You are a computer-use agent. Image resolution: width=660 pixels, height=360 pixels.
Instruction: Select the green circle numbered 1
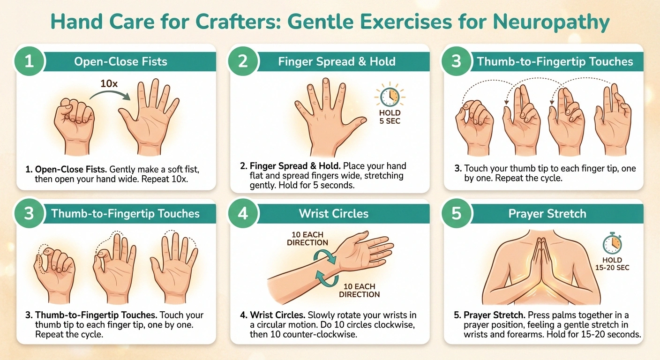click(30, 61)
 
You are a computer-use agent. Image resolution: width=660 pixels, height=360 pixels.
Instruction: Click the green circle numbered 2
click(243, 61)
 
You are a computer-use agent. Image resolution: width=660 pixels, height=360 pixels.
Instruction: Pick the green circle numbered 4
click(243, 213)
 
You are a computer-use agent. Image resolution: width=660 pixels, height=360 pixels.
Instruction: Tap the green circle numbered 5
click(457, 213)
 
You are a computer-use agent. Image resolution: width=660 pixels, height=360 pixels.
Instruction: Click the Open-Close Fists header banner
click(120, 61)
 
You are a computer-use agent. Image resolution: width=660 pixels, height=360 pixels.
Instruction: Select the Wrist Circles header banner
click(334, 214)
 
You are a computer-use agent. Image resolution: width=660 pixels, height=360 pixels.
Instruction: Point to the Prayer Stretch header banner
click(547, 214)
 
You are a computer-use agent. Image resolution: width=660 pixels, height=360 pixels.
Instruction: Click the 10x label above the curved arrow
click(109, 83)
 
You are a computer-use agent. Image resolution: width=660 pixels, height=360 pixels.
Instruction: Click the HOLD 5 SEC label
click(390, 117)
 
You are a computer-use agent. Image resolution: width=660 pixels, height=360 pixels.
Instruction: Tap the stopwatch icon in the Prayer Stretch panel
click(612, 244)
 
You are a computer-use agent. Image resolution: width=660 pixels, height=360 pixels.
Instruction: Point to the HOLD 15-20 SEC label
click(612, 263)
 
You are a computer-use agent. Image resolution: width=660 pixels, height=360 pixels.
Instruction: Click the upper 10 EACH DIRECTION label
click(307, 239)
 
